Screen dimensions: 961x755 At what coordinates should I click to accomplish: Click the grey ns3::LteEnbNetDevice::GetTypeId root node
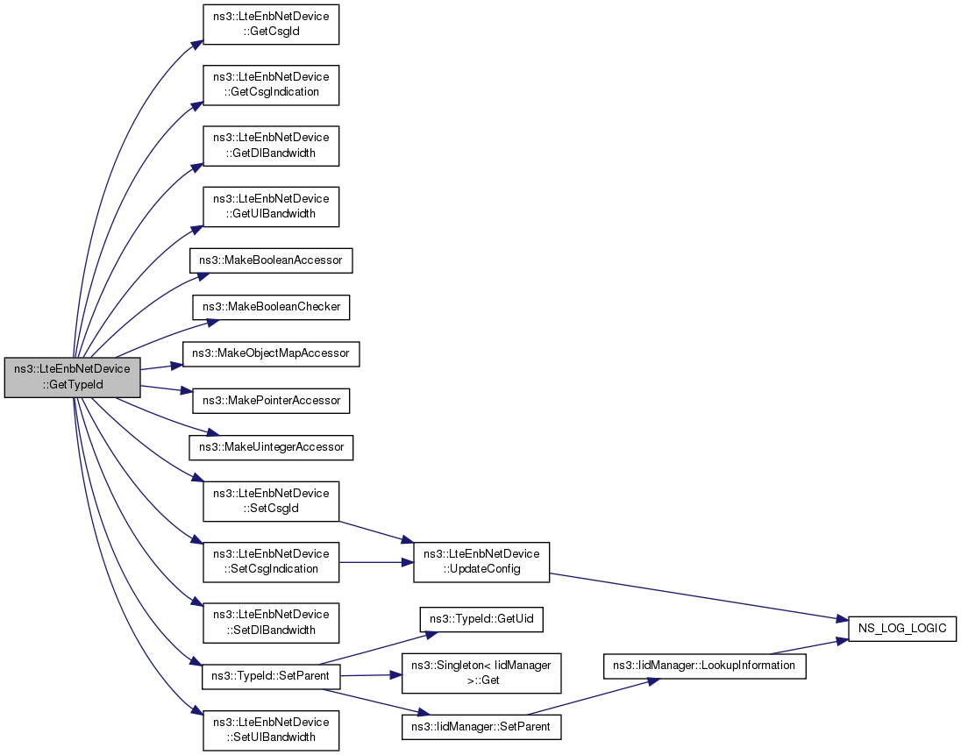pos(72,377)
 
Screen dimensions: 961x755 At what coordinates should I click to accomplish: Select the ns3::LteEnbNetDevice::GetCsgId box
pos(271,24)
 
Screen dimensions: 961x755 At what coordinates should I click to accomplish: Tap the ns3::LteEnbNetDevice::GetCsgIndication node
pos(271,84)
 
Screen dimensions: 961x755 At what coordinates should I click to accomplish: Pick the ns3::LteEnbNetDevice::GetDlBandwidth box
pos(271,146)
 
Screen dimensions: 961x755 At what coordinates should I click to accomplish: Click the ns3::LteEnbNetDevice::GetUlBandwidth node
pos(271,207)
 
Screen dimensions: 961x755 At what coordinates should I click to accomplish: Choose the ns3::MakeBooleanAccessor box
pos(271,260)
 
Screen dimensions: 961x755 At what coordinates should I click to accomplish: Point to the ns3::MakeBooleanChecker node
pos(271,307)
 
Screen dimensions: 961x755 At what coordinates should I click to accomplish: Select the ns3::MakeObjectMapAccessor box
pos(271,353)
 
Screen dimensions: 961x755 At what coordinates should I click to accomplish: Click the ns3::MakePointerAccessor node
pos(271,401)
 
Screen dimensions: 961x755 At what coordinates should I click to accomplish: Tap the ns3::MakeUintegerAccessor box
pos(271,447)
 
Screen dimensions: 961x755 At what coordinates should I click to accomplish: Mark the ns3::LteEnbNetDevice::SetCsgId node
pos(271,502)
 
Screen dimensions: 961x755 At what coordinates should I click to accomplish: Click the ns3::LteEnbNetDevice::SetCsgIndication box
pos(271,562)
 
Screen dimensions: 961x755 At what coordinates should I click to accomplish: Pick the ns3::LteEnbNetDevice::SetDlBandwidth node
pos(271,623)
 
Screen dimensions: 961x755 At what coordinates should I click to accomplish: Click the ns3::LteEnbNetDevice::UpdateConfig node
pos(481,562)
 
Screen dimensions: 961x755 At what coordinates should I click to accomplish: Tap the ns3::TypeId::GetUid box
pos(481,620)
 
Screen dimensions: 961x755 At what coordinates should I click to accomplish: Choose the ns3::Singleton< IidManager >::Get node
pos(481,673)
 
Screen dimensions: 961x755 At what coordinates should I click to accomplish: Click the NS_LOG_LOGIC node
pos(902,629)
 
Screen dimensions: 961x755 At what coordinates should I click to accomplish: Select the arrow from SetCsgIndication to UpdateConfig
pos(376,562)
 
